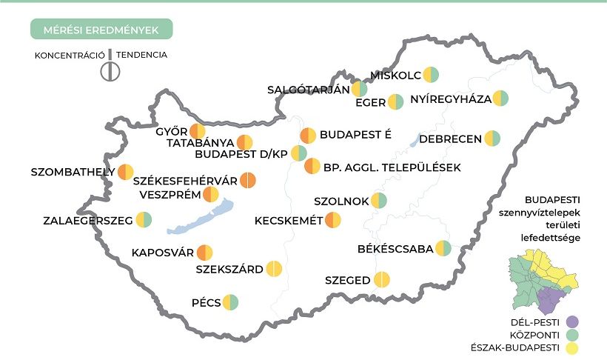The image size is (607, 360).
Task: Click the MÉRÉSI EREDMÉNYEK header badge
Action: pos(101,29)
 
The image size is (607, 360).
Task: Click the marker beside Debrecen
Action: pos(492,139)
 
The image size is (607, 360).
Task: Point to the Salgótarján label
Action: pos(307,90)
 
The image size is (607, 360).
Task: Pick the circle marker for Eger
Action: pos(396,102)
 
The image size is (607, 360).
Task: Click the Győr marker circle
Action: pos(198,132)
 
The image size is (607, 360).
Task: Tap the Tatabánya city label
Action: pos(200,142)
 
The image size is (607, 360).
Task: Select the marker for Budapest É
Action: pos(308,136)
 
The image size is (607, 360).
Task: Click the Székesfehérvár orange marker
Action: pos(248,180)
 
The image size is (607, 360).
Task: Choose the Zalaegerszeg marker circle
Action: pos(144,220)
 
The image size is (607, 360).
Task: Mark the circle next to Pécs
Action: pos(230,302)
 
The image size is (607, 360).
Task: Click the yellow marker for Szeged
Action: pos(382,280)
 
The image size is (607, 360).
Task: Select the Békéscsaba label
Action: pos(395,249)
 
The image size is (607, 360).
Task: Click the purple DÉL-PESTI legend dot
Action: pos(570,322)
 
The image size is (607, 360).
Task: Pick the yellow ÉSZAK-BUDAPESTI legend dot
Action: pos(570,347)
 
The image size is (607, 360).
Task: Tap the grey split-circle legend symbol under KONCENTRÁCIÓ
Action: pos(110,71)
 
